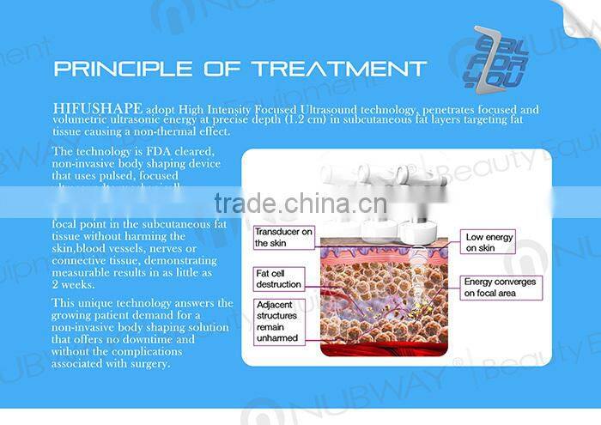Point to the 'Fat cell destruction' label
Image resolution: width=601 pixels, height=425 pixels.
pos(278,278)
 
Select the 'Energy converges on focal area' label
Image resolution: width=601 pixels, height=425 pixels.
pos(501,287)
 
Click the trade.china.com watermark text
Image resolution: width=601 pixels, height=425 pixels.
pos(300,203)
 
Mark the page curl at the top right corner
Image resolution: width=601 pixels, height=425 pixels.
pos(577,16)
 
